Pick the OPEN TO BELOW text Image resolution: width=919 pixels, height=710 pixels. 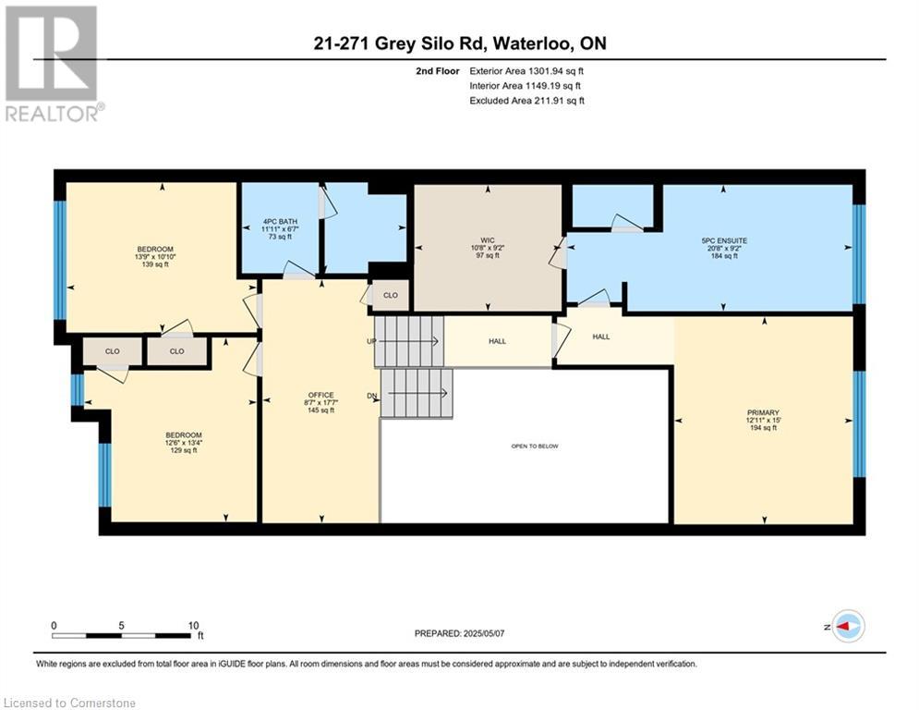coord(535,447)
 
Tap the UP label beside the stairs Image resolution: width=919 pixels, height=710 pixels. coord(369,341)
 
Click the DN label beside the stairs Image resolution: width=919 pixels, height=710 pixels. coord(371,397)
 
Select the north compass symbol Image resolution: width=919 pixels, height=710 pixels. coord(847,626)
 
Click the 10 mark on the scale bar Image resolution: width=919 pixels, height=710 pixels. coord(193,625)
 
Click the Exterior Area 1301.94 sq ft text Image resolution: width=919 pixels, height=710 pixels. coord(527,69)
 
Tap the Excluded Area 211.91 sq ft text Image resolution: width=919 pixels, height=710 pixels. coord(527,101)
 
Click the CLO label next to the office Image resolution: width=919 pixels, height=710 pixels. coord(390,296)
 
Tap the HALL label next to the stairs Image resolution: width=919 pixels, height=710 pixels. coord(498,341)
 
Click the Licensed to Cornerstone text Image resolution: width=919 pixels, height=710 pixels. coord(70,704)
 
